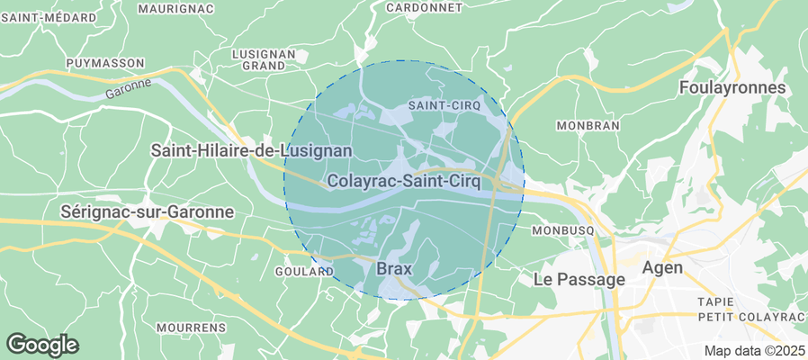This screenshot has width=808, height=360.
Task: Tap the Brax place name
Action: point(393,268)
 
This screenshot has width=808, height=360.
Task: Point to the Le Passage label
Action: point(579,280)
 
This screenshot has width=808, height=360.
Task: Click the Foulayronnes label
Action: point(732,88)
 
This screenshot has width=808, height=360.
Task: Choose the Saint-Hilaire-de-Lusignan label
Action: point(251,150)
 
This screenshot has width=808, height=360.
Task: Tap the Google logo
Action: point(42,344)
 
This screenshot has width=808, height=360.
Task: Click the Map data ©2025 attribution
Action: point(754,350)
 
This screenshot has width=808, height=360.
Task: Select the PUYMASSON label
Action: point(105,63)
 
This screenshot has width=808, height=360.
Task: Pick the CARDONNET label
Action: point(424,7)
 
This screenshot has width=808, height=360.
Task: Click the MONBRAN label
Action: point(588,125)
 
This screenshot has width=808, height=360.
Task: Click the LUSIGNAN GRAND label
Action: point(264,59)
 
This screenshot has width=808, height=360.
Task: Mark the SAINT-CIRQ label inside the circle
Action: point(444,105)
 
